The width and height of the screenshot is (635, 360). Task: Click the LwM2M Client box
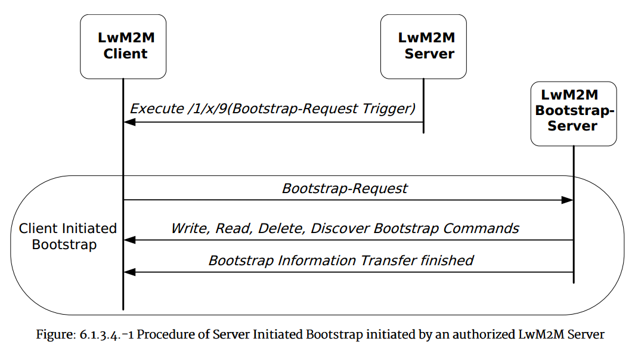pyautogui.click(x=123, y=46)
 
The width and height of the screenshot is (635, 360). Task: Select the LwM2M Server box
pyautogui.click(x=423, y=46)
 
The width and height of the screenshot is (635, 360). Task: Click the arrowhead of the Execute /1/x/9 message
pyautogui.click(x=129, y=122)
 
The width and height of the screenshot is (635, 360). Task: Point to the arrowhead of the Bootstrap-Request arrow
pyautogui.click(x=567, y=200)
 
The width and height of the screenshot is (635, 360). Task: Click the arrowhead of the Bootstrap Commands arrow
pyautogui.click(x=129, y=240)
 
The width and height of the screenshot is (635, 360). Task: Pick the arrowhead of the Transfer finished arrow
pyautogui.click(x=129, y=272)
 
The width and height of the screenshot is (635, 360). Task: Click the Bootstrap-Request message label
pyautogui.click(x=345, y=188)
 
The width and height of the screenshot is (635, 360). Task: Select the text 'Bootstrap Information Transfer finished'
pyautogui.click(x=340, y=260)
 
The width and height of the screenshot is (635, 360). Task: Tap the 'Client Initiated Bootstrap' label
pyautogui.click(x=67, y=237)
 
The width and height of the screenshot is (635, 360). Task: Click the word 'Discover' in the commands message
pyautogui.click(x=337, y=228)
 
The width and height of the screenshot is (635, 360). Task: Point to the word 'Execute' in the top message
pyautogui.click(x=157, y=109)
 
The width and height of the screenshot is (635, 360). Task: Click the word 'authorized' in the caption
pyautogui.click(x=484, y=334)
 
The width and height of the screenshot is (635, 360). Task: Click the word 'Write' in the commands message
pyautogui.click(x=189, y=228)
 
